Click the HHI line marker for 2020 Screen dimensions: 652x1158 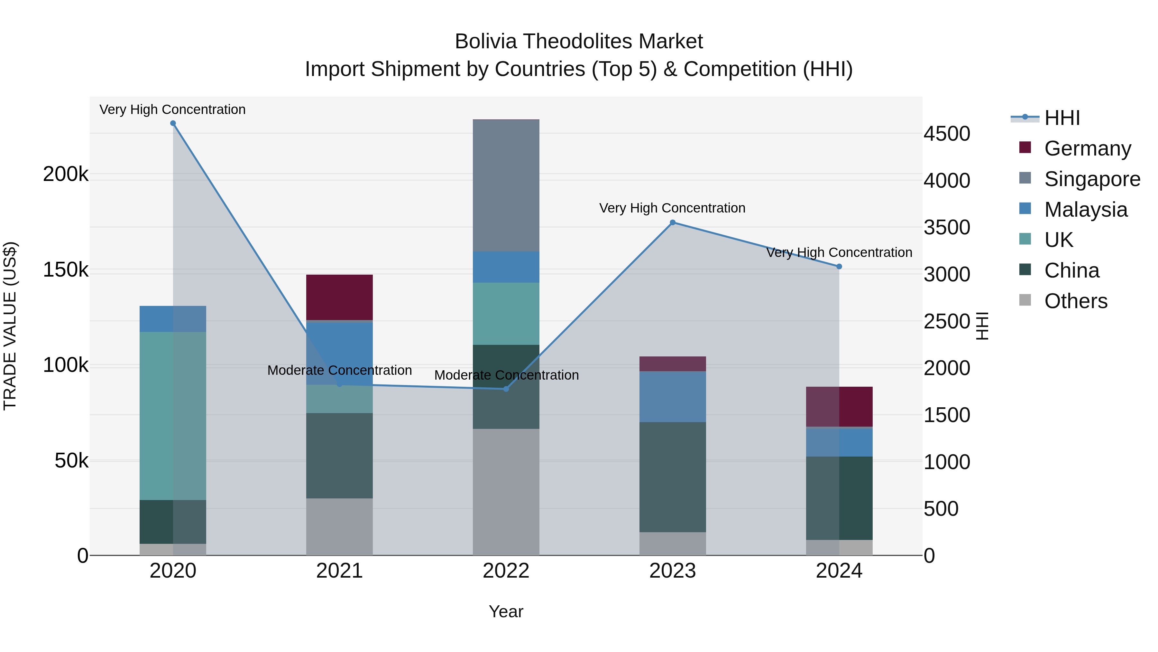173,123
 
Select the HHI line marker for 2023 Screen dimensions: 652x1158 673,222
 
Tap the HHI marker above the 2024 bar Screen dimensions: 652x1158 839,266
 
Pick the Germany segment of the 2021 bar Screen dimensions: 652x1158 339,297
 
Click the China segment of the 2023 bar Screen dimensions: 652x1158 673,477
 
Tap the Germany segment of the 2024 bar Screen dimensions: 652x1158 839,406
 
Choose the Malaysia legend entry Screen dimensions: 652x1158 1086,210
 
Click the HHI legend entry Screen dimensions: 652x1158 1062,118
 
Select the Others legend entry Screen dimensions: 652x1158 1075,301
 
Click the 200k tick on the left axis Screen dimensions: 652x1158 66,174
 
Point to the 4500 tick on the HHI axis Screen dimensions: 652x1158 947,134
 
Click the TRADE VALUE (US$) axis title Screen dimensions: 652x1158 10,326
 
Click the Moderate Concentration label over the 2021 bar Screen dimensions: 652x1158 339,370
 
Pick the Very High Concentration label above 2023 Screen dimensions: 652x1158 672,208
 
